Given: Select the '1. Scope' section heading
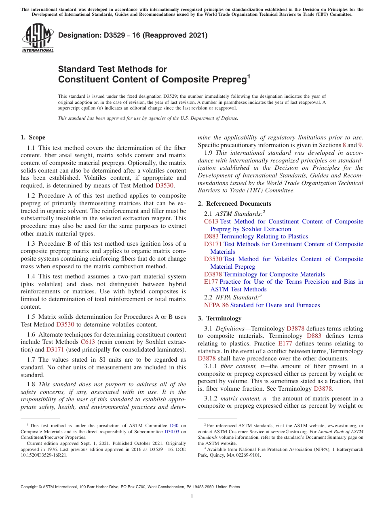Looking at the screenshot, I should (x=33, y=137).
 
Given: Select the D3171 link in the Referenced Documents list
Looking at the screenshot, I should (x=213, y=244).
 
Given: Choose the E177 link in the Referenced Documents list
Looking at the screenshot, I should (x=211, y=282).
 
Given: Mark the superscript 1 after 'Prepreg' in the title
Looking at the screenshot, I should (x=249, y=76).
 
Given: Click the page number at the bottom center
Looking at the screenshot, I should (x=192, y=497).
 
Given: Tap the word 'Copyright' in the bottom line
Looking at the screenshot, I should (x=30, y=487).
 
